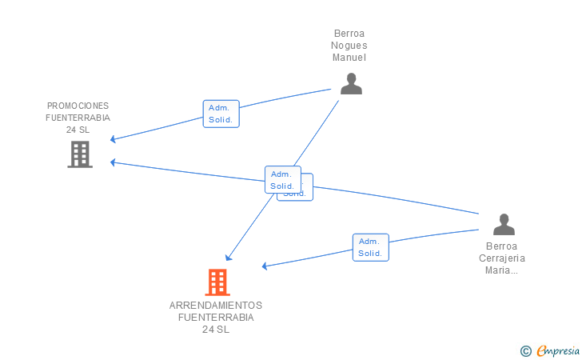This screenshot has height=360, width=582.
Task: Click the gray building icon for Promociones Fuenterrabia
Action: point(80,154)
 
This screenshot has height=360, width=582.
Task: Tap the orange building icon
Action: point(217,282)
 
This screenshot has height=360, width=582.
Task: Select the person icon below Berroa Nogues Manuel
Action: point(351,84)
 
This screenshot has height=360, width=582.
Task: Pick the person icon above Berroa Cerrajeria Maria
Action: point(504,224)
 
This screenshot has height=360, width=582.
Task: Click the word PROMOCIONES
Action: point(78,106)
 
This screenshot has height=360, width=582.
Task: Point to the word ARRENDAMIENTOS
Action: point(216,306)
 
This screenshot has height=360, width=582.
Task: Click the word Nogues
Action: point(349,46)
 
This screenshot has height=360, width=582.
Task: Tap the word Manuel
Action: point(349,58)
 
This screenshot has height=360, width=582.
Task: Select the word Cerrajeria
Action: point(502,258)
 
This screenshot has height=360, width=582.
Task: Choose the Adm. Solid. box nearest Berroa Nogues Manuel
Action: point(221,114)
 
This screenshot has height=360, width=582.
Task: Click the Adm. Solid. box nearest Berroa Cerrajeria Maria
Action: point(370,247)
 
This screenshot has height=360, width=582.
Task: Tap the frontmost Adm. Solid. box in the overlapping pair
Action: point(282,180)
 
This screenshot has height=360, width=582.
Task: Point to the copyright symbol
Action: point(525,350)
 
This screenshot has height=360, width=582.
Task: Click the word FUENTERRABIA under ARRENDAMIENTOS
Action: point(216,318)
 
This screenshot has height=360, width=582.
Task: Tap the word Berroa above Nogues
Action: point(349,34)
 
